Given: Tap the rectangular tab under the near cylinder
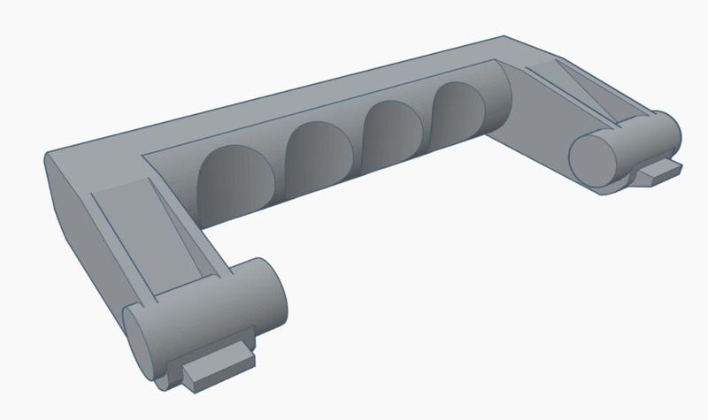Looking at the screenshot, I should point(217,364).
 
